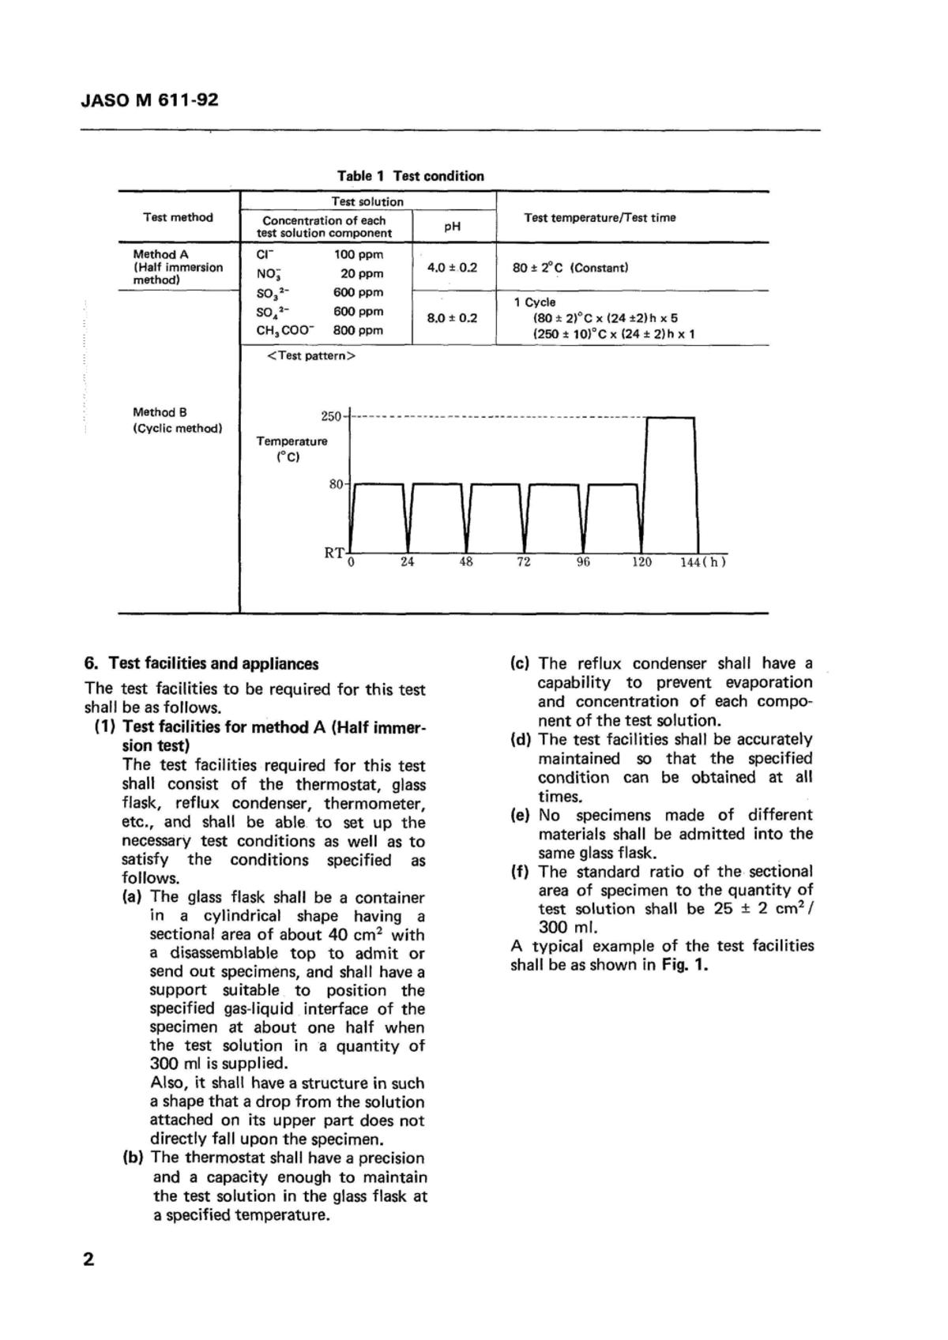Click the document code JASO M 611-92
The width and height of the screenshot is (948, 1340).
point(149,100)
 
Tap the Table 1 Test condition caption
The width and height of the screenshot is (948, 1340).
point(410,176)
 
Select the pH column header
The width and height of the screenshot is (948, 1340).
point(452,226)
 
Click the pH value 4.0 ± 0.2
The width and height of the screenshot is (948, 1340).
point(452,268)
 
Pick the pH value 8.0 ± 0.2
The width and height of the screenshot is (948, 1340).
point(452,318)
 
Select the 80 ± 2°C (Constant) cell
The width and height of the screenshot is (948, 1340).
point(570,268)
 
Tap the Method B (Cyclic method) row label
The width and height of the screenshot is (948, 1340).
point(177,420)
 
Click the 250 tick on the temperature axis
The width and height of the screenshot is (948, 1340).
point(330,416)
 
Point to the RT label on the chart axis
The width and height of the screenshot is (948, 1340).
point(333,553)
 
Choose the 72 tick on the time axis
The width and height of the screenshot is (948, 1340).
point(524,562)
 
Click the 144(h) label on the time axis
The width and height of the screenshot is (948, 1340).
point(702,562)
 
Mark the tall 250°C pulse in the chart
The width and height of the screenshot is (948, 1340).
point(671,482)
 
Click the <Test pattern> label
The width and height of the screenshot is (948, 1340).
point(311,356)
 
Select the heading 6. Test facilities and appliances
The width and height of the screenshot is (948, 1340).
point(201,663)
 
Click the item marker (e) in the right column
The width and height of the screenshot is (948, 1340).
point(520,815)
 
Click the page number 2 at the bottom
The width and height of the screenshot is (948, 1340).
point(88,1259)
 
